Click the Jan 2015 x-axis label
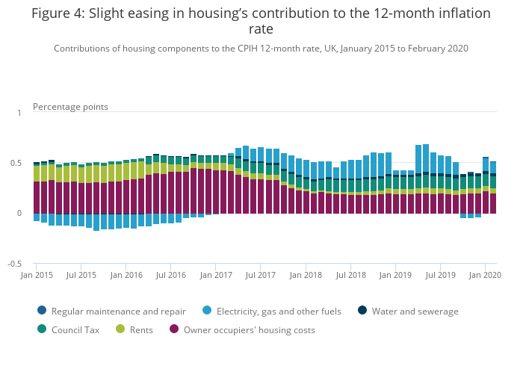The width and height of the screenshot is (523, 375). (x=37, y=276)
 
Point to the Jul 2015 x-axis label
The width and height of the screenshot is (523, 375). (x=81, y=276)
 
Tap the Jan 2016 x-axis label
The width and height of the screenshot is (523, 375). (x=126, y=276)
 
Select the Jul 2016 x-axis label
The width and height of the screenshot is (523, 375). (x=171, y=276)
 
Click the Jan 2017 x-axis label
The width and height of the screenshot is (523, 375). (x=216, y=276)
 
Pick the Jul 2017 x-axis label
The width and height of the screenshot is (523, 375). (x=261, y=276)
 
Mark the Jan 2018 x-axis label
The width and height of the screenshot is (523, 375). (x=306, y=276)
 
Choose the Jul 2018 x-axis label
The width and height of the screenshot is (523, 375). (x=350, y=276)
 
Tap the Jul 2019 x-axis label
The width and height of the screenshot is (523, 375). (x=440, y=276)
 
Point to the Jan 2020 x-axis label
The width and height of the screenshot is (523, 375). (x=484, y=276)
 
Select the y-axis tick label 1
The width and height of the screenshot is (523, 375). (x=19, y=113)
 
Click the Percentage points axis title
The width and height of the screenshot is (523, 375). (x=70, y=107)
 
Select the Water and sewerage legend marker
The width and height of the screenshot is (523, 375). (x=362, y=311)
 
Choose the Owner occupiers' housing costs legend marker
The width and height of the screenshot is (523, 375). (x=174, y=329)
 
